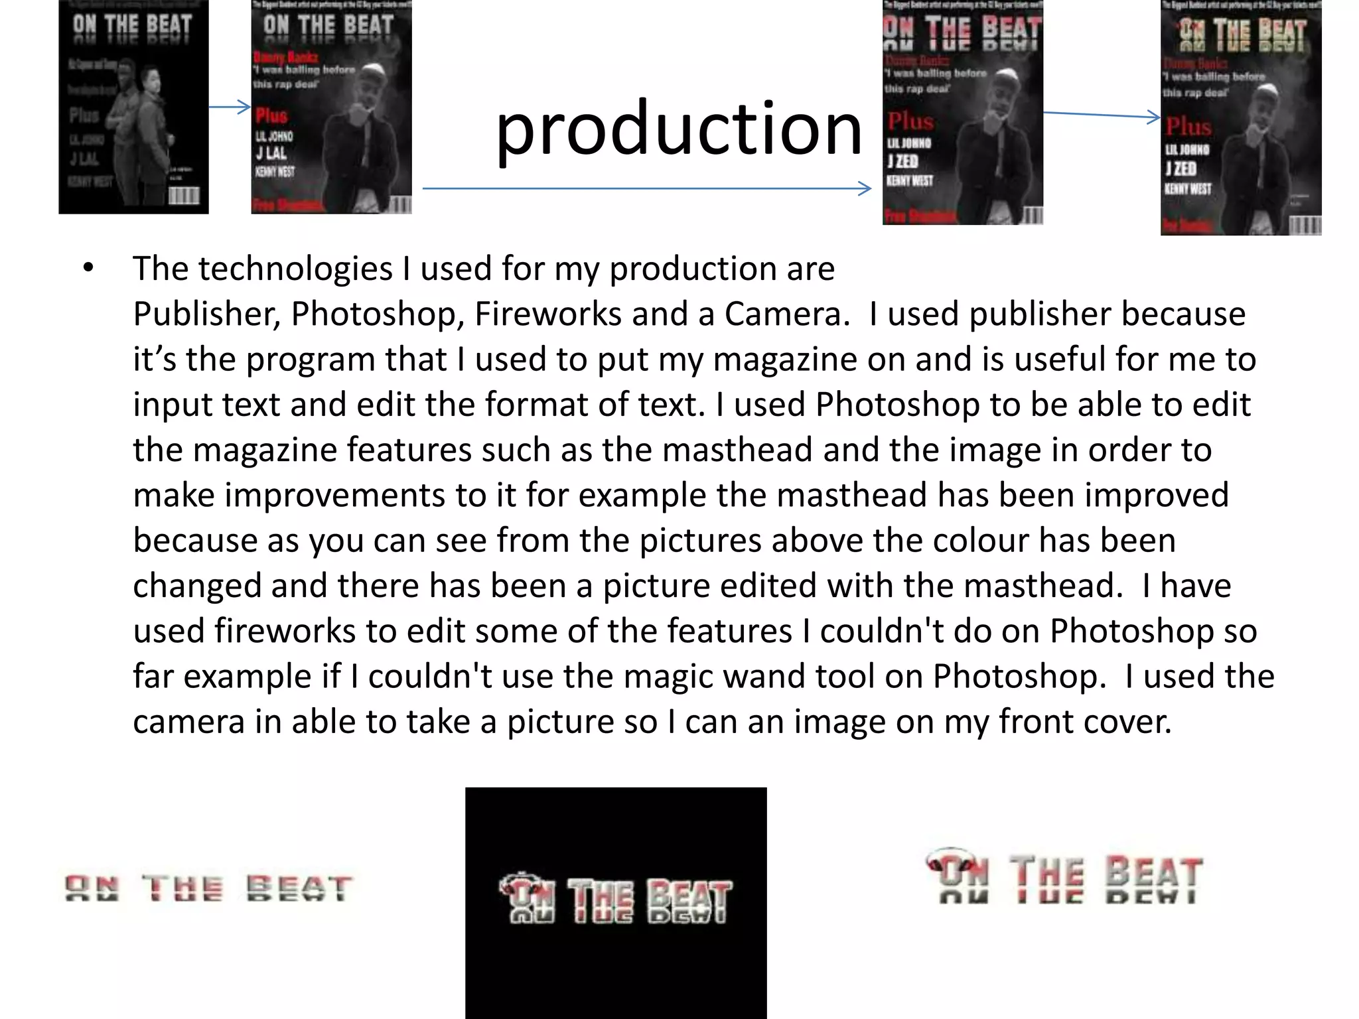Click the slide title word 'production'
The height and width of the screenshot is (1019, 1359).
coord(678,129)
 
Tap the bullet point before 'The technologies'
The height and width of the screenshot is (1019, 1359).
coord(88,269)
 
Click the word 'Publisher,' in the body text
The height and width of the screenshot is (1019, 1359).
coord(206,314)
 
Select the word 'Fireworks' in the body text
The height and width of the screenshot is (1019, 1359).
coord(547,314)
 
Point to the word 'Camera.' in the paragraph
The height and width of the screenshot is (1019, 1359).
coord(787,314)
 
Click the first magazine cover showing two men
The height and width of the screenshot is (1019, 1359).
coord(133,107)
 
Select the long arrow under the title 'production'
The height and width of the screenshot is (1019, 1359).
coord(646,189)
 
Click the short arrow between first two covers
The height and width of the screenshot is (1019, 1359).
coord(230,107)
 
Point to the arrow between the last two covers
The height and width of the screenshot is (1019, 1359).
coord(1102,115)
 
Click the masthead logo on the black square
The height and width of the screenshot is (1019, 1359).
coord(615,900)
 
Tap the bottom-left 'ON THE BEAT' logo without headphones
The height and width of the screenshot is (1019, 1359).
coord(208,888)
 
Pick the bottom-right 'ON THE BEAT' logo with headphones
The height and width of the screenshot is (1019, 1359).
coord(1064,877)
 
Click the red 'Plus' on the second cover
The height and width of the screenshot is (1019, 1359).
coord(271,115)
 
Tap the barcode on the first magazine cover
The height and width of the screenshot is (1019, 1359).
coord(183,196)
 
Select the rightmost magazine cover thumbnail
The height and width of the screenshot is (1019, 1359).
coord(1240,118)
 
